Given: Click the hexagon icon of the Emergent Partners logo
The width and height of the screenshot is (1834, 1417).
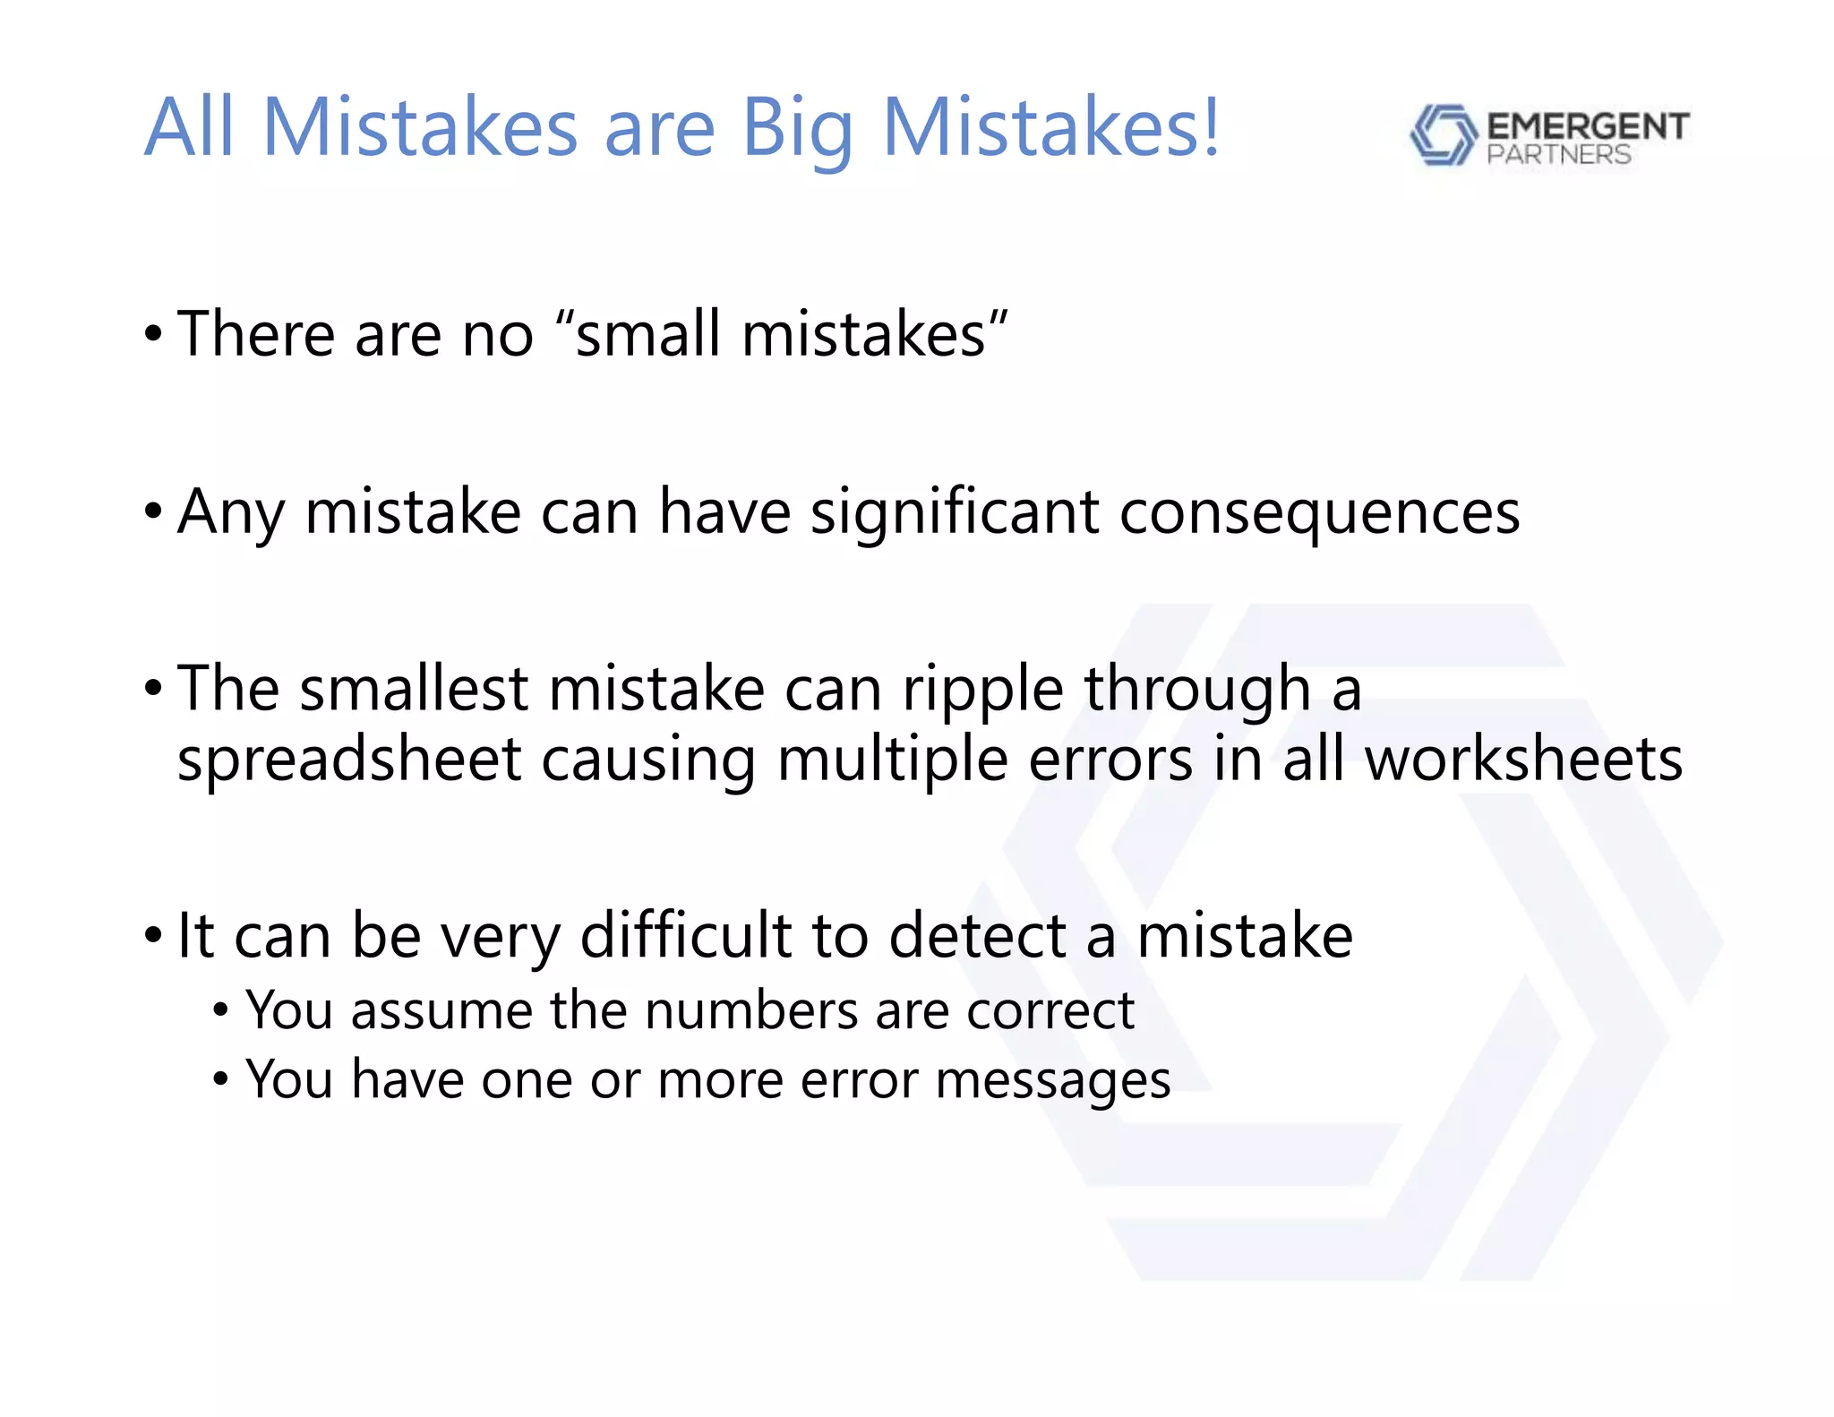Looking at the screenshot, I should click(x=1443, y=135).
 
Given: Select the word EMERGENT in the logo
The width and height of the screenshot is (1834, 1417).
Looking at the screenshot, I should click(x=1588, y=126).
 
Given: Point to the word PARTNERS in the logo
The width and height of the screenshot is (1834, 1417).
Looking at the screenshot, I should click(x=1559, y=155).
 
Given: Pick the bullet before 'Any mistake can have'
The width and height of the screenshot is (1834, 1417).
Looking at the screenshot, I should click(x=153, y=512).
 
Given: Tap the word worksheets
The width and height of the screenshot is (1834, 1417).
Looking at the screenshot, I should click(x=1523, y=760).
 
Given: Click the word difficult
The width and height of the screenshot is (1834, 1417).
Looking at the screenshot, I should click(x=687, y=936).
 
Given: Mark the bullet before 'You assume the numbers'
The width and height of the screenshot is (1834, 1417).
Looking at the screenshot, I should click(x=221, y=1012).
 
